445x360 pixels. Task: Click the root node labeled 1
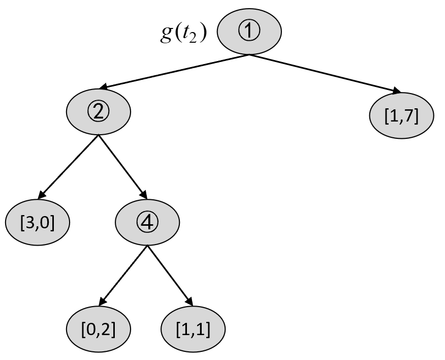pos(249,31)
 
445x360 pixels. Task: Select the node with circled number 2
pos(99,112)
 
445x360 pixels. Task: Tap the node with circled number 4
pos(147,222)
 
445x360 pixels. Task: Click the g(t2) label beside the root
pos(183,34)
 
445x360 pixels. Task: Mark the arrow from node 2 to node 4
pos(123,167)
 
